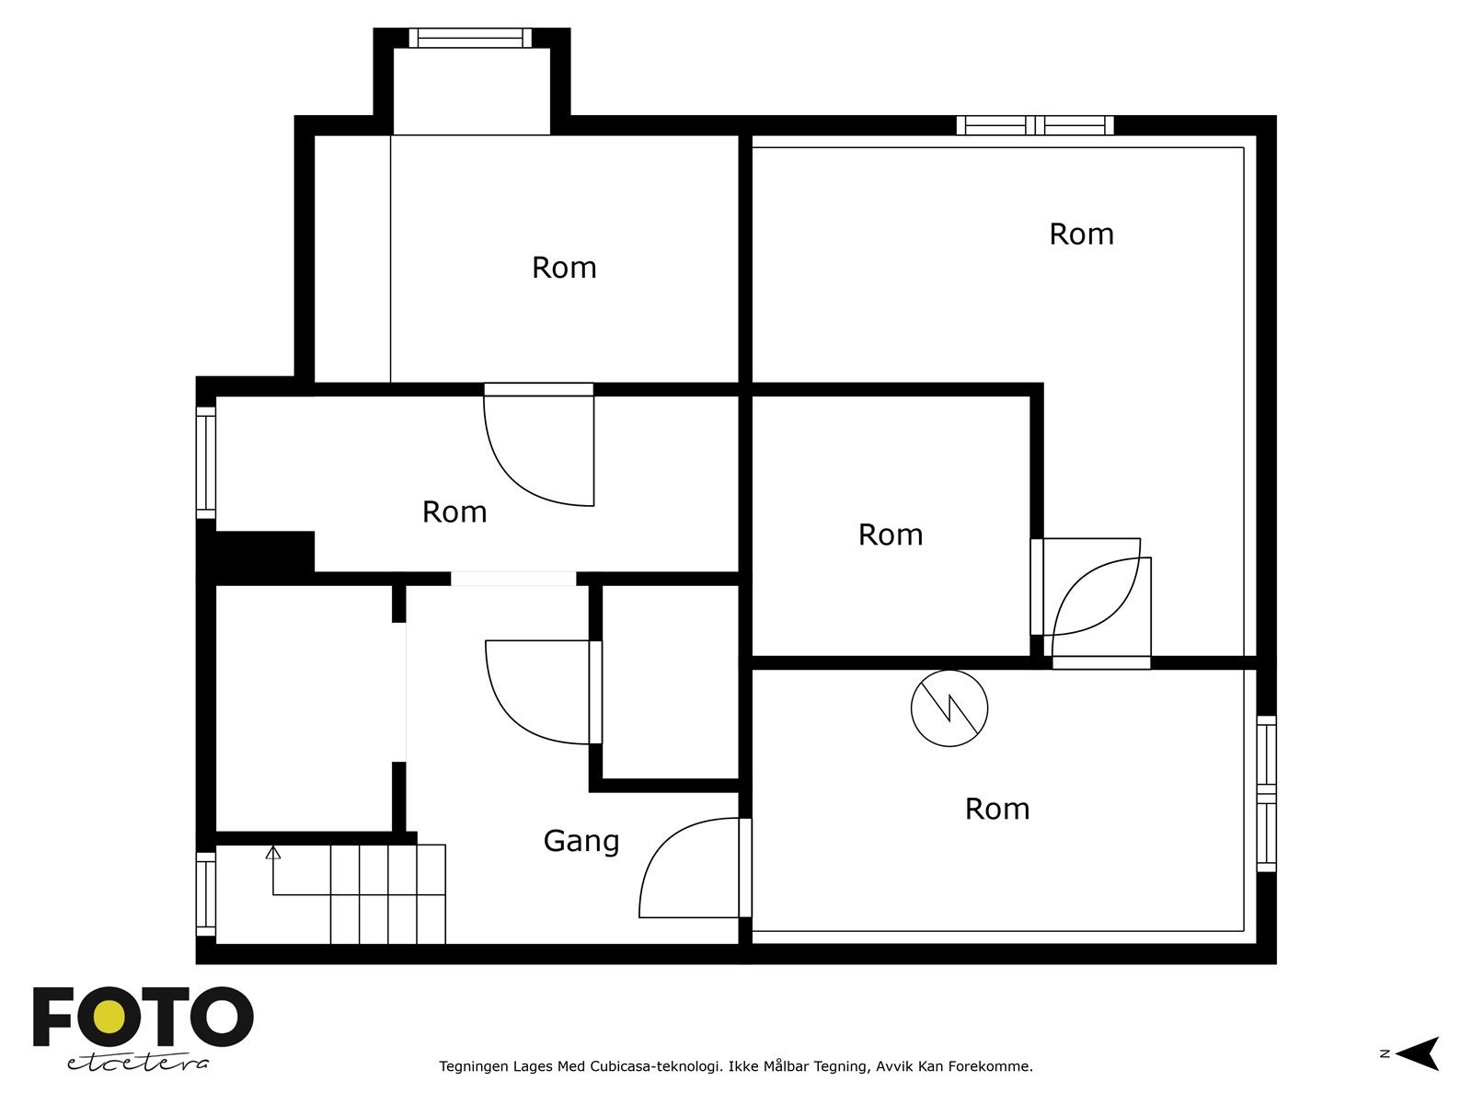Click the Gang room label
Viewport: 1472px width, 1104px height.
pos(581,841)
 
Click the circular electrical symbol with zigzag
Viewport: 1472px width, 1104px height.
pos(949,707)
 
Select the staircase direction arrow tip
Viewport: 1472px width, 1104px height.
pos(273,847)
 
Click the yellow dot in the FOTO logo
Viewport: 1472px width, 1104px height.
pos(109,1017)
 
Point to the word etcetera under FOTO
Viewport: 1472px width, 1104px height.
pos(137,1064)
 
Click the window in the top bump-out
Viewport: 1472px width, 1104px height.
pos(470,38)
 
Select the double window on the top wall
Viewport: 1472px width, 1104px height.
pos(1035,125)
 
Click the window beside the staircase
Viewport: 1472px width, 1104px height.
pos(206,893)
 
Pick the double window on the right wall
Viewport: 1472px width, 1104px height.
pos(1266,794)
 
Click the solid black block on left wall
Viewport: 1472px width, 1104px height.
pos(256,551)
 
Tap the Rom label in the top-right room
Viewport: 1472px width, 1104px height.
pos(1081,234)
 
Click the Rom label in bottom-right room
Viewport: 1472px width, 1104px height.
pos(997,809)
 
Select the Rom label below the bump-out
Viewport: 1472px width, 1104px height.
pos(564,268)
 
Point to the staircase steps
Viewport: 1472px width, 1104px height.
pos(387,894)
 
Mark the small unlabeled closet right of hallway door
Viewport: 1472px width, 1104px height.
pos(670,682)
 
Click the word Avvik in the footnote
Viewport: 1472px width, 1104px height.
pos(896,1065)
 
